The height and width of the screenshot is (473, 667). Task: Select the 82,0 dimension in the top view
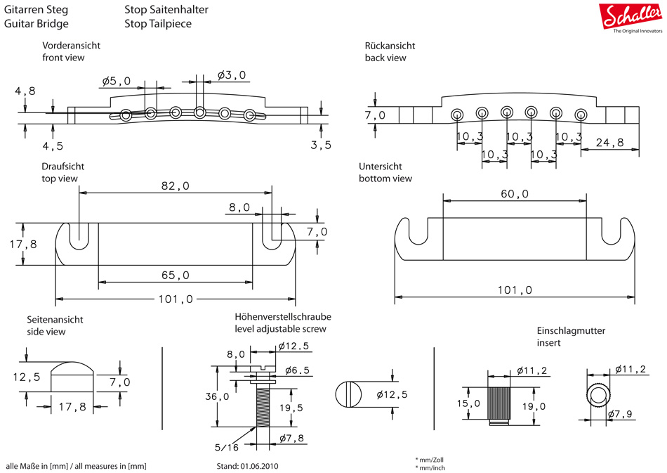(x=175, y=186)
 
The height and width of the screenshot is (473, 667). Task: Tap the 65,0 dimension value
(x=175, y=275)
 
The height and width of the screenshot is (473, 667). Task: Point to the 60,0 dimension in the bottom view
(x=514, y=193)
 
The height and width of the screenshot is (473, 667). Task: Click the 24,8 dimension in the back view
(x=609, y=143)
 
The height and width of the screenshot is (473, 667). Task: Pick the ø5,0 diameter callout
(x=116, y=81)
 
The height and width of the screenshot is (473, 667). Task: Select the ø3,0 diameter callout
(x=232, y=74)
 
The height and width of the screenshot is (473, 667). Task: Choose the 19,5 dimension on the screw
(x=291, y=408)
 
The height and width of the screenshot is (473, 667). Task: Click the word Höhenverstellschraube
(x=282, y=317)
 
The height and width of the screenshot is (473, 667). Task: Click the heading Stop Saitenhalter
(x=166, y=10)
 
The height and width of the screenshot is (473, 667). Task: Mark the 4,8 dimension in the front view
(x=25, y=91)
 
